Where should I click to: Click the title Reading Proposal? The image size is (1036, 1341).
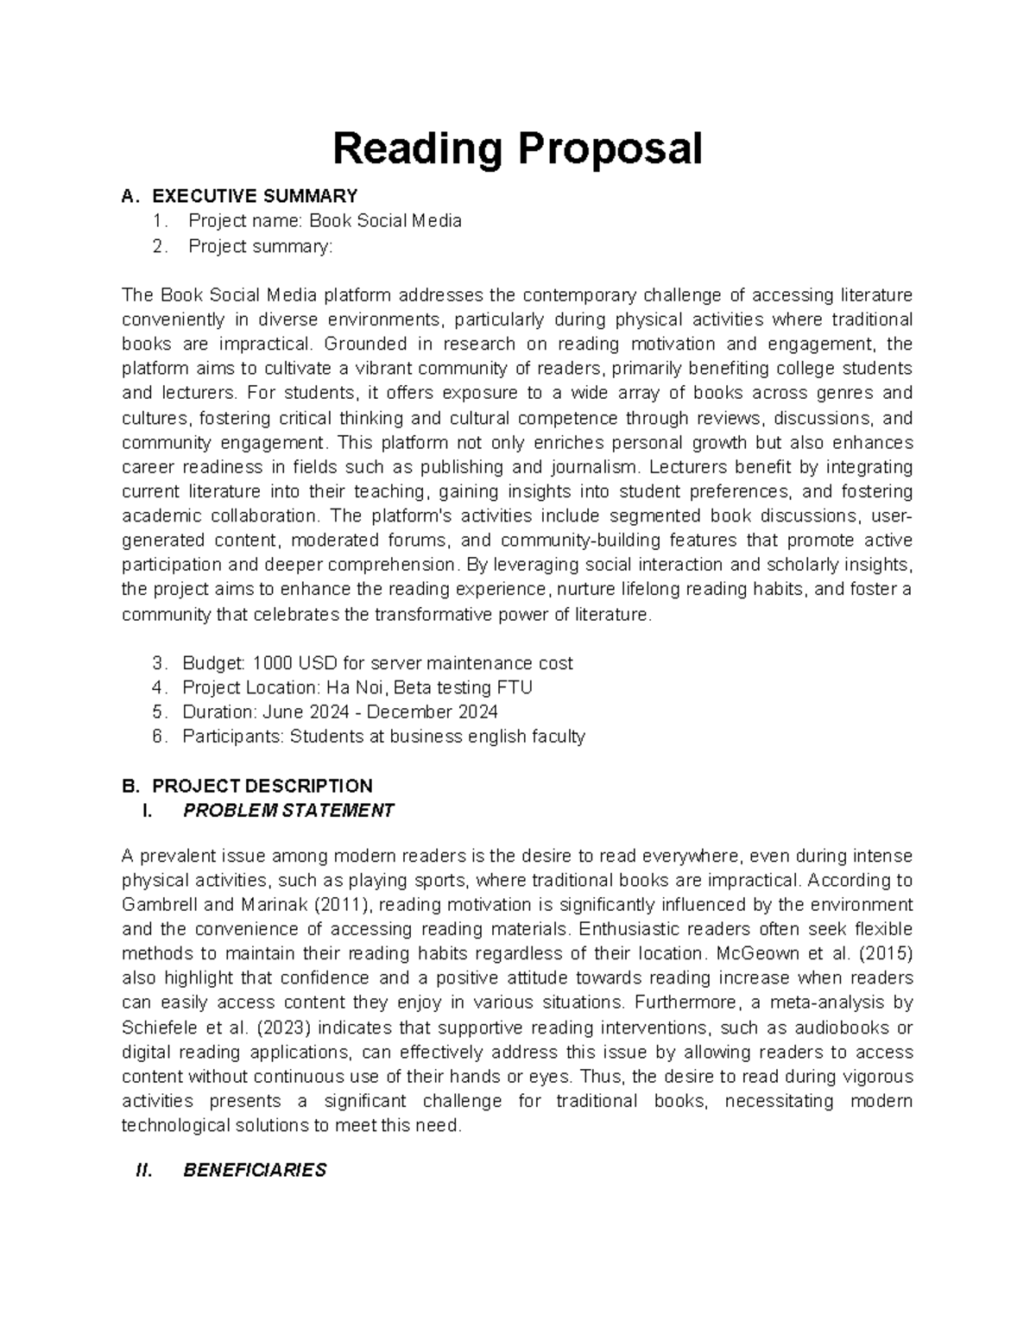click(x=517, y=149)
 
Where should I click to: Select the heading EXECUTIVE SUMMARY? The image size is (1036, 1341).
click(x=255, y=196)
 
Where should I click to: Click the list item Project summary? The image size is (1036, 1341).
click(x=259, y=246)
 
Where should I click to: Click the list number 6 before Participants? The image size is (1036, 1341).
click(x=156, y=737)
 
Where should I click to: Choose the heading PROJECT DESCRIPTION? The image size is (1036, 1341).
click(x=262, y=786)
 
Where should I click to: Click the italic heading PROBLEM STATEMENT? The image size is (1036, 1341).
click(x=288, y=811)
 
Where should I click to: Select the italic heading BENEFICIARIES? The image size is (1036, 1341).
click(x=255, y=1171)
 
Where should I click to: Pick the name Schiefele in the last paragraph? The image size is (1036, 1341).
click(x=156, y=1028)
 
